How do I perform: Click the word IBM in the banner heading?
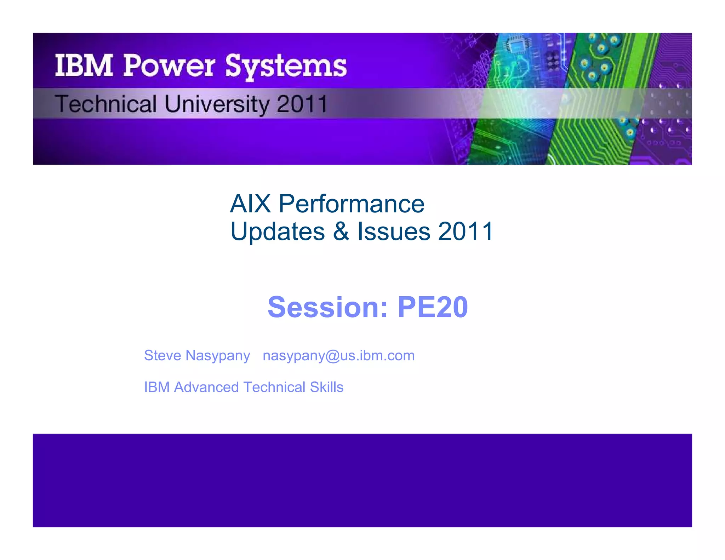[x=84, y=66]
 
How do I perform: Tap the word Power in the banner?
[x=169, y=66]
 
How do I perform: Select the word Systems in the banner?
[x=286, y=67]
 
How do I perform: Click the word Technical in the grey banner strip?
[x=105, y=104]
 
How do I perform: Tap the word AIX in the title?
[x=250, y=204]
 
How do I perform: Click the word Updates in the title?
[x=278, y=232]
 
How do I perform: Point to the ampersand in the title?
[x=341, y=232]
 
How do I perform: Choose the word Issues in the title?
[x=394, y=232]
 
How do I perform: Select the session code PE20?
[x=433, y=307]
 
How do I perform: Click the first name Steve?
[x=162, y=355]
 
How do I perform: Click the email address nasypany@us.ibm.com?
[x=338, y=356]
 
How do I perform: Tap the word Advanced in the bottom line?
[x=206, y=387]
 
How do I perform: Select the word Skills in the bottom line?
[x=326, y=387]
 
